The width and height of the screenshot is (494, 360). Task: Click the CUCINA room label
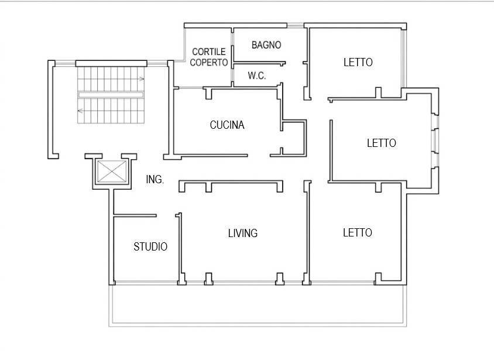coord(227,125)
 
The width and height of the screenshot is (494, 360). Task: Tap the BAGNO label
coord(266,45)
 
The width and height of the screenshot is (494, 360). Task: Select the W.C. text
coord(257,76)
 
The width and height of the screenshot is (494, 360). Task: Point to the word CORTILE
coord(209,52)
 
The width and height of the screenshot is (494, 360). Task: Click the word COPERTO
coord(209,63)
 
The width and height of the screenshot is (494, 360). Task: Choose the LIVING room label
coord(243,233)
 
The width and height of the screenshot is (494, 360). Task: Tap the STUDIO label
coord(150,246)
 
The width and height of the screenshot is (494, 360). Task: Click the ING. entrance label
coord(155,180)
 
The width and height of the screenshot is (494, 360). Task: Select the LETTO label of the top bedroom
coord(358,63)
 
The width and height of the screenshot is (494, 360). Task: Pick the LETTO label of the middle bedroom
coord(382,143)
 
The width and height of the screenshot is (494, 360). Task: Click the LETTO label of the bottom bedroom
coord(358,233)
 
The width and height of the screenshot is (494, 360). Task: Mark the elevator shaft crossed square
coord(112,172)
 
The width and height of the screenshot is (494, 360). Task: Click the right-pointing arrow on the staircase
coord(142,79)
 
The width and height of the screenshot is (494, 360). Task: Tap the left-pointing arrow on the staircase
coord(80,111)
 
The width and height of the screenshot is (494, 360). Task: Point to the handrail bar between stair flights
coord(111,95)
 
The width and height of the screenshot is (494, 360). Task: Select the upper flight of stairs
coord(111,79)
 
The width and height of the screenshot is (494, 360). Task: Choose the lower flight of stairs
coord(111,111)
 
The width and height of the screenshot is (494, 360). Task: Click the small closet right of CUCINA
coord(294,138)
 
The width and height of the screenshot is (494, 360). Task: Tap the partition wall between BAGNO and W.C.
coord(259,63)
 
